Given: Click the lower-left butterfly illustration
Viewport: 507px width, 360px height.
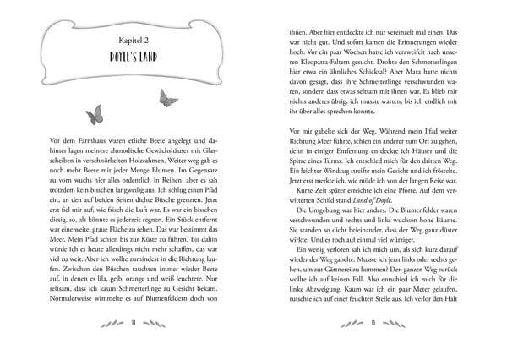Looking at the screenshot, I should click(x=95, y=112).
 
